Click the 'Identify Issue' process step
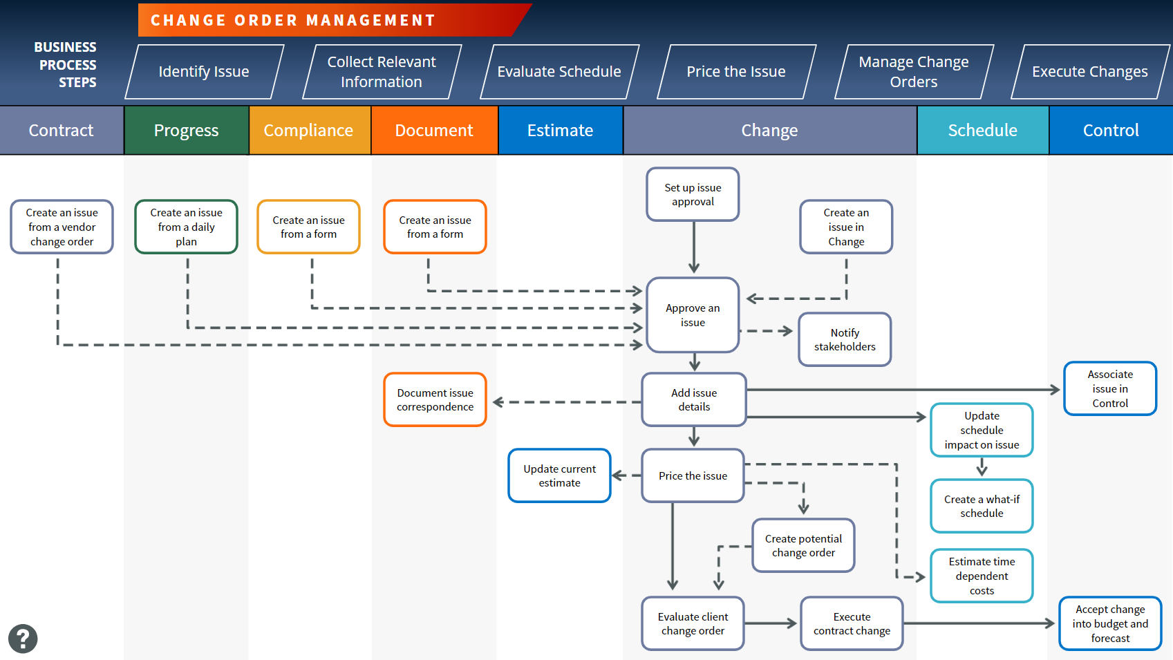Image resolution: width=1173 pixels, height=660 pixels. tap(204, 72)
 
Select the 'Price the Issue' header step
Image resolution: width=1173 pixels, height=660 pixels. tap(736, 72)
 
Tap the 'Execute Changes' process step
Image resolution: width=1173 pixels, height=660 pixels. tap(1089, 72)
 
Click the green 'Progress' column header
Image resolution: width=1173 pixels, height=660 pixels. tap(187, 131)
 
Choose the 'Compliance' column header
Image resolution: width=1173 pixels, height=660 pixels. tap(308, 131)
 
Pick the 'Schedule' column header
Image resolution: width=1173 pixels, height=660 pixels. tap(982, 131)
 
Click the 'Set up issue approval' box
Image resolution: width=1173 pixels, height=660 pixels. tap(693, 194)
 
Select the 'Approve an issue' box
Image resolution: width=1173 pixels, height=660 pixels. tap(693, 315)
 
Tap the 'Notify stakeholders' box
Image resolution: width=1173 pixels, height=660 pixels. tap(845, 339)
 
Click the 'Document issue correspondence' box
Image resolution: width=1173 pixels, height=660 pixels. tap(435, 400)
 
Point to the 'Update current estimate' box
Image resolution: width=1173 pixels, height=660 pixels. tap(559, 475)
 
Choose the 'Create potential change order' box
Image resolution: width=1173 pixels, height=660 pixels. tap(803, 545)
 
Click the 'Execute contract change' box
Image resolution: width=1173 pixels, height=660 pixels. tap(852, 623)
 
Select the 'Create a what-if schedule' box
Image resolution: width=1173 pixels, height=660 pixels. tap(982, 506)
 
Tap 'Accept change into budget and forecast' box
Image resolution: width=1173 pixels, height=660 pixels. tap(1110, 623)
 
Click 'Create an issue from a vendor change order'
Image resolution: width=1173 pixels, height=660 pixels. tap(62, 227)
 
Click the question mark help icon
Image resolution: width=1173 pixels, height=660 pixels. tap(23, 639)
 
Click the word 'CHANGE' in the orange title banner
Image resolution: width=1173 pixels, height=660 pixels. tap(189, 21)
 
